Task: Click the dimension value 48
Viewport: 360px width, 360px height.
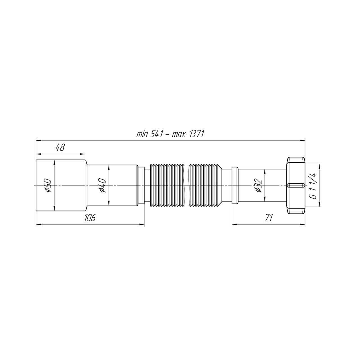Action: pyautogui.click(x=60, y=148)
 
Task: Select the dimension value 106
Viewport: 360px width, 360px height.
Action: pyautogui.click(x=90, y=218)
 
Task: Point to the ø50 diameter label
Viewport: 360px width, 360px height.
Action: pyautogui.click(x=48, y=185)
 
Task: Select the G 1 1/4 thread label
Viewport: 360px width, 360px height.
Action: pyautogui.click(x=314, y=186)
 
